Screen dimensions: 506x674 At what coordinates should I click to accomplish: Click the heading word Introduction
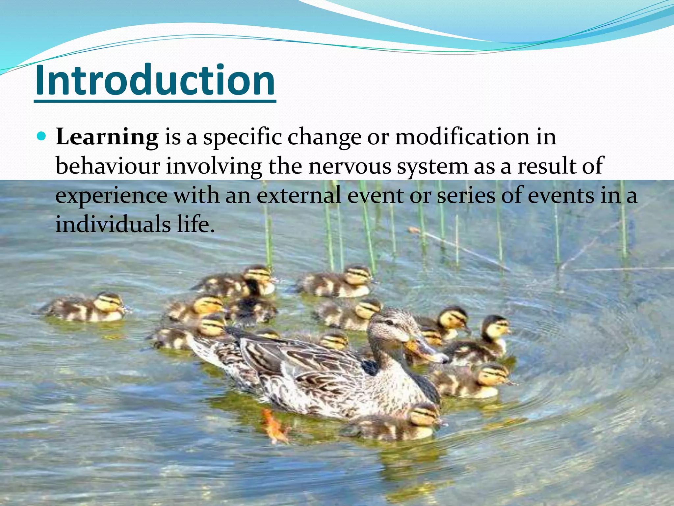coord(155,80)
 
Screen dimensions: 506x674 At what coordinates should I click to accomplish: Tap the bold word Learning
coord(107,137)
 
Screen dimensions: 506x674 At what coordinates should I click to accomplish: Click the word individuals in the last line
coord(113,224)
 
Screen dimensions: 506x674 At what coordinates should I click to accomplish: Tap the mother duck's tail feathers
coord(201,349)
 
